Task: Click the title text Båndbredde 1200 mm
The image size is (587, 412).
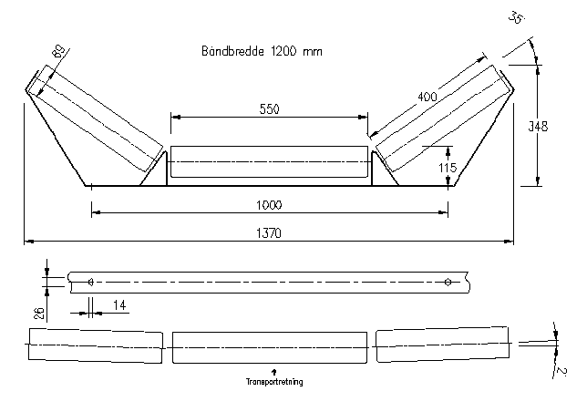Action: point(261,53)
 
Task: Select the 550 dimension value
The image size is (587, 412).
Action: point(268,109)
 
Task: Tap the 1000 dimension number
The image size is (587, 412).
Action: point(269,204)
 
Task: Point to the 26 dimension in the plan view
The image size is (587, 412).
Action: point(38,313)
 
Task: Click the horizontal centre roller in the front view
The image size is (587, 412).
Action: point(269,162)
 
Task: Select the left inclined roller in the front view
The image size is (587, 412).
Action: point(95,120)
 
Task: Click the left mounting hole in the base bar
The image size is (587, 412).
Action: point(91,282)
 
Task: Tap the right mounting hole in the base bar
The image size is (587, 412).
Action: point(447,282)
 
